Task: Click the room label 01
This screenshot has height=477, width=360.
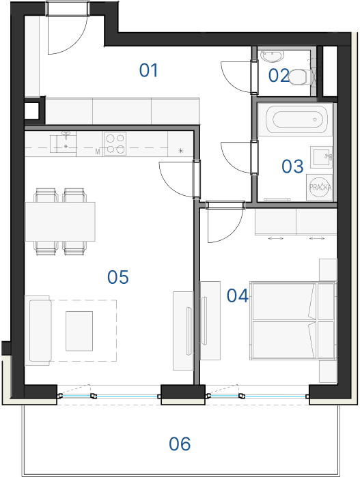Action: point(149,70)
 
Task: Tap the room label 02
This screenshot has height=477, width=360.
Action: point(279,75)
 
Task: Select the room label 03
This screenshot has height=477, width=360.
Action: point(292,166)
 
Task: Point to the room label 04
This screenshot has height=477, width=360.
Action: point(238,295)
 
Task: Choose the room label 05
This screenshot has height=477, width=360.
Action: point(118,277)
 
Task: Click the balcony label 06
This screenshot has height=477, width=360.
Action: point(180,444)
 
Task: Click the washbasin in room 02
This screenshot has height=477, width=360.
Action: point(273,56)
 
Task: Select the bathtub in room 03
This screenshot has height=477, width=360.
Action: point(296,119)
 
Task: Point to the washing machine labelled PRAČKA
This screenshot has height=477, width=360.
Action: point(320,187)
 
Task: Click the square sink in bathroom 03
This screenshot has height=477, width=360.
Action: point(321,157)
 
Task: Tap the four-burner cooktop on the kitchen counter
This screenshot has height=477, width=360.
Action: point(115,144)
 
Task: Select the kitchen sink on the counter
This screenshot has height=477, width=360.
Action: point(64,143)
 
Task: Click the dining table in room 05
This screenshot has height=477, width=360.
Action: point(60,222)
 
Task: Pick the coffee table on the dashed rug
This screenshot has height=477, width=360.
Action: point(79,331)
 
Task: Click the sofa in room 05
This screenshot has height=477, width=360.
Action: point(38,330)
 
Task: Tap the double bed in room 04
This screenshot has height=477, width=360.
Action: point(293,321)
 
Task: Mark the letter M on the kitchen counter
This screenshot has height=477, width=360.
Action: point(98,151)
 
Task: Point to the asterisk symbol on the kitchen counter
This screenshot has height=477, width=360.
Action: point(181,151)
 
